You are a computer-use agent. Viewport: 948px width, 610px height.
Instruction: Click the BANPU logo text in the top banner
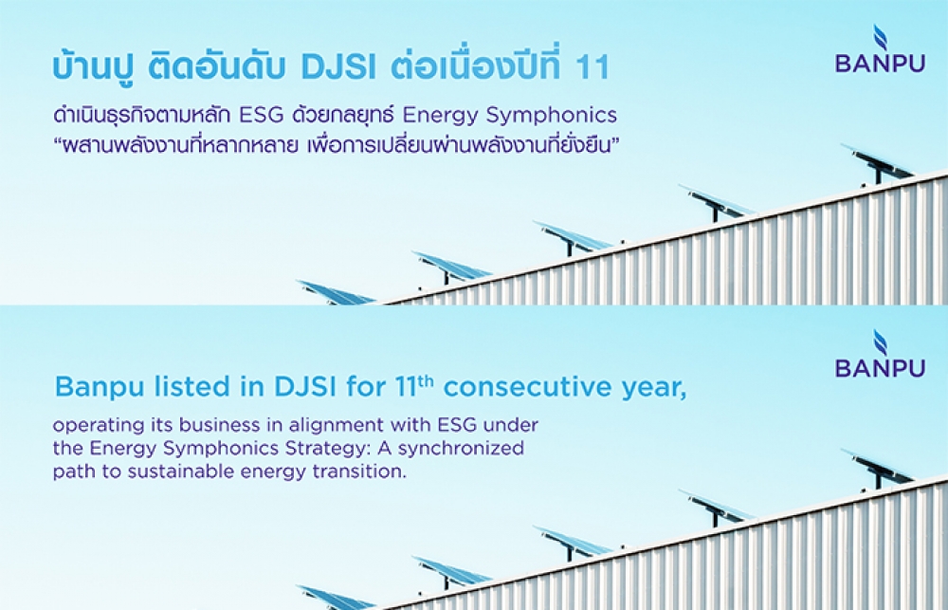click(x=881, y=63)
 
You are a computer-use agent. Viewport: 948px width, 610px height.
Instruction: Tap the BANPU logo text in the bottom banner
click(x=881, y=367)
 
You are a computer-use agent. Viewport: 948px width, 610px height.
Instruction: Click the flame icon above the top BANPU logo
click(x=881, y=38)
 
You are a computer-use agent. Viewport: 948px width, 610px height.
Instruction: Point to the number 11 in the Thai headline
click(x=592, y=67)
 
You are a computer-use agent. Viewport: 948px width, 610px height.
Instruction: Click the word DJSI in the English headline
click(x=304, y=387)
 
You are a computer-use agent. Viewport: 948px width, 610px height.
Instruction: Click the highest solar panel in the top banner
click(x=877, y=163)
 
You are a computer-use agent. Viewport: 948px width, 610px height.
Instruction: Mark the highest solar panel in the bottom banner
click(x=877, y=468)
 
